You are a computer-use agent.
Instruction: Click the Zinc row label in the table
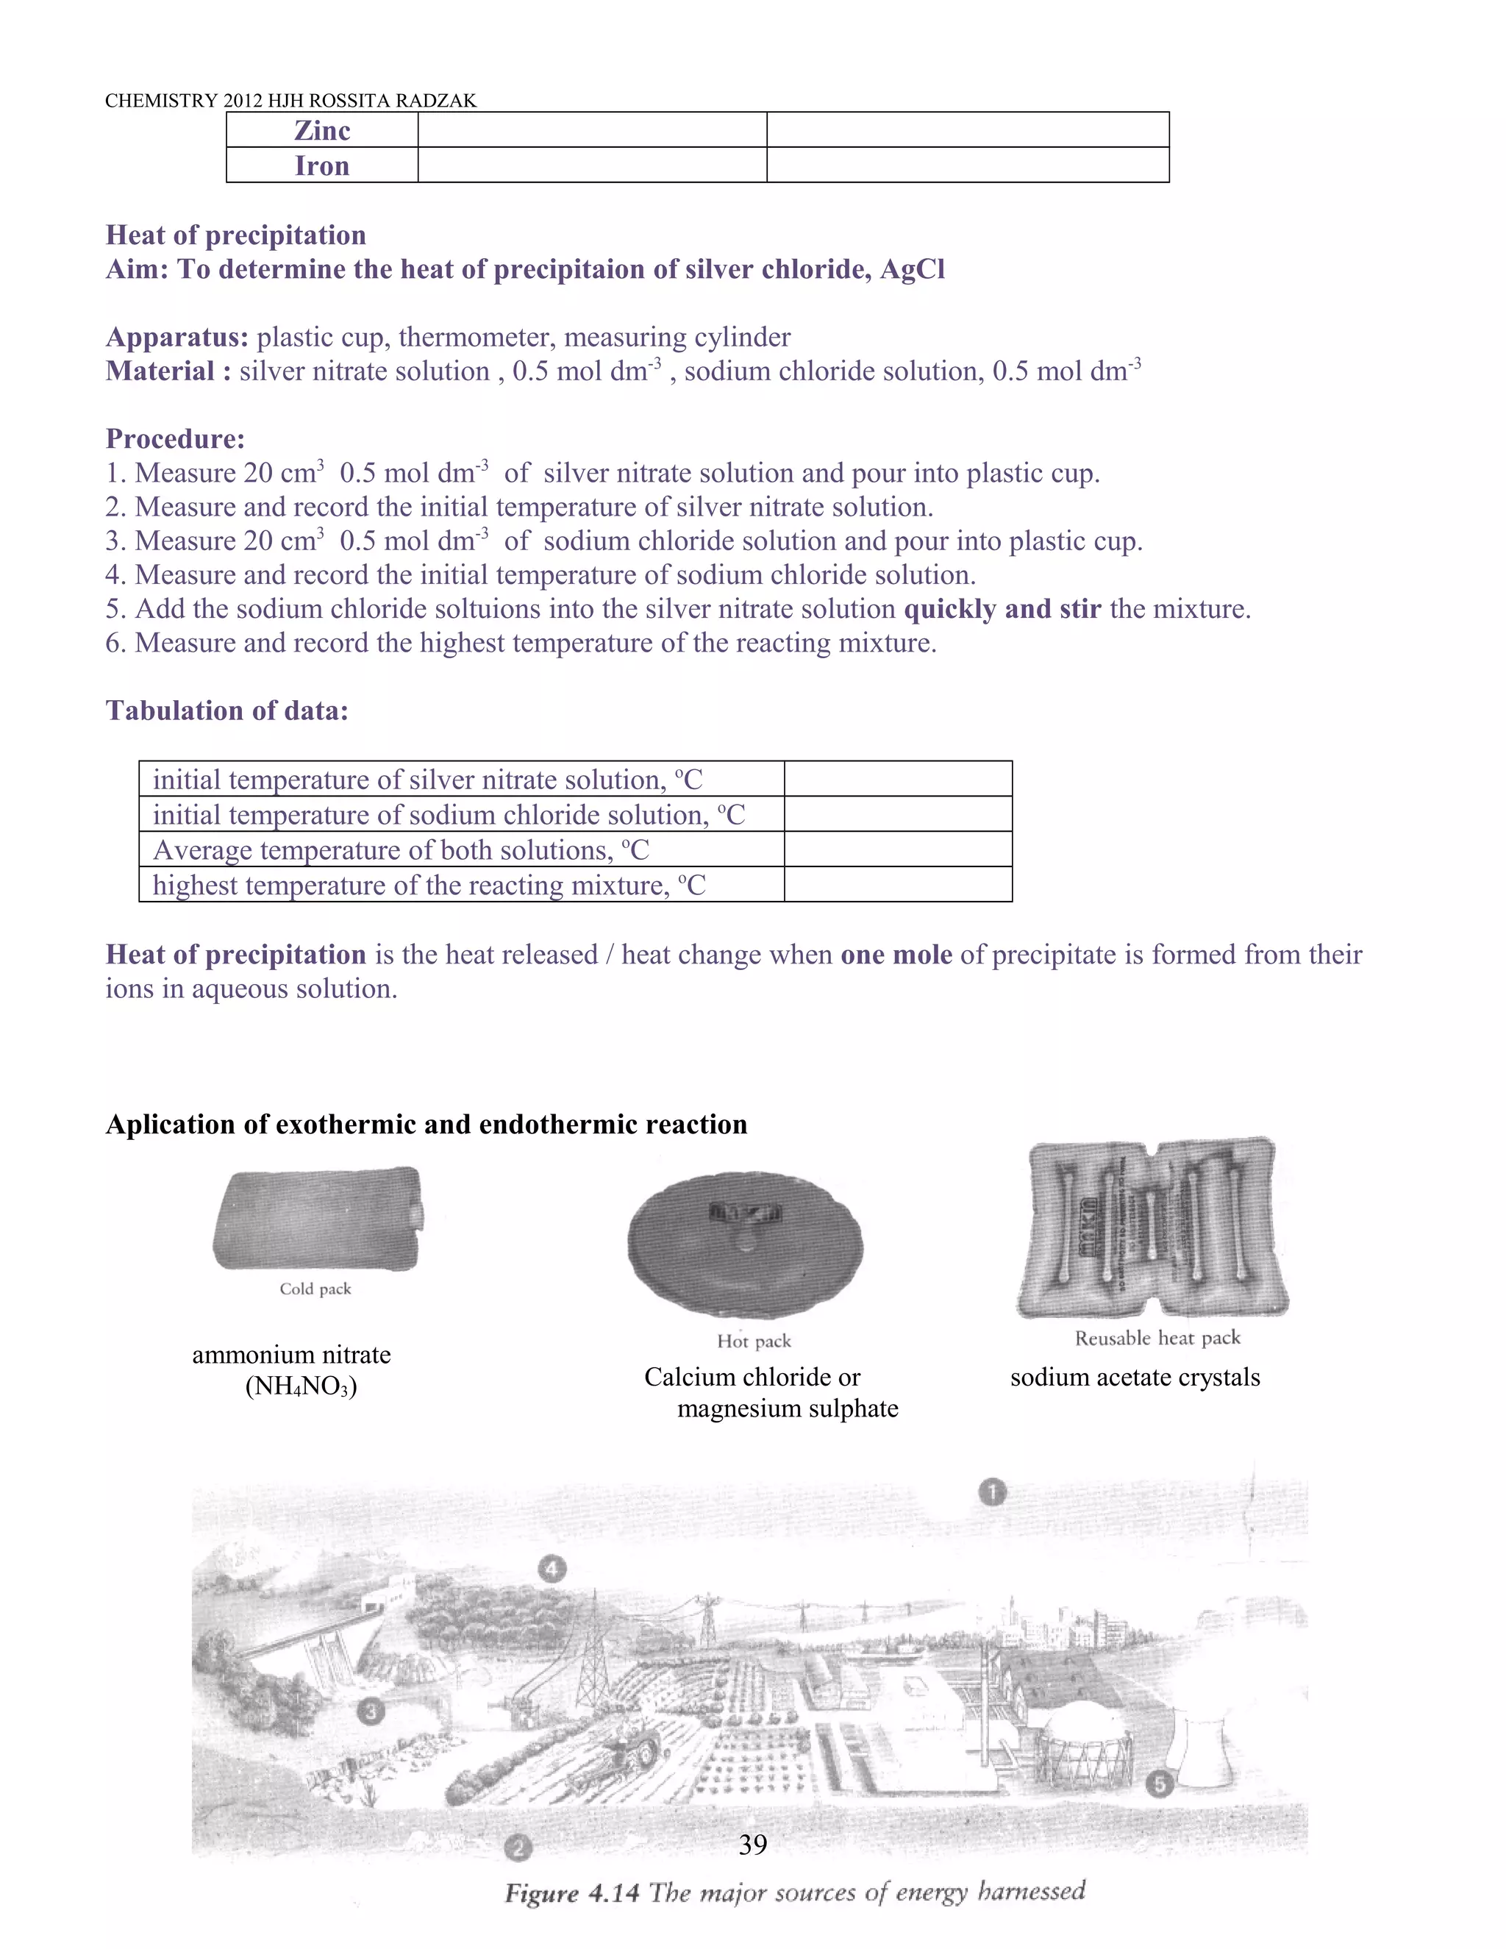(322, 130)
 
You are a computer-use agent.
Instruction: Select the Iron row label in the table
(322, 166)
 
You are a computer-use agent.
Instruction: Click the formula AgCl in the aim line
(912, 268)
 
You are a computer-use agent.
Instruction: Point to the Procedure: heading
(175, 438)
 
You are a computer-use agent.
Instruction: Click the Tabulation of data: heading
(226, 710)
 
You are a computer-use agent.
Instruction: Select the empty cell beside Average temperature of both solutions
(898, 849)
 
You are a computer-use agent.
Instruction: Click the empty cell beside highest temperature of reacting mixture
(898, 884)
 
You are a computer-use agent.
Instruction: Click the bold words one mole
(896, 955)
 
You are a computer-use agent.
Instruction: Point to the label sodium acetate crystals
(1135, 1377)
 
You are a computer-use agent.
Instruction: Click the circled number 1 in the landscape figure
(992, 1492)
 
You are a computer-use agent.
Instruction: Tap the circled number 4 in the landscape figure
(552, 1568)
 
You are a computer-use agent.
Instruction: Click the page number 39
(753, 1844)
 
